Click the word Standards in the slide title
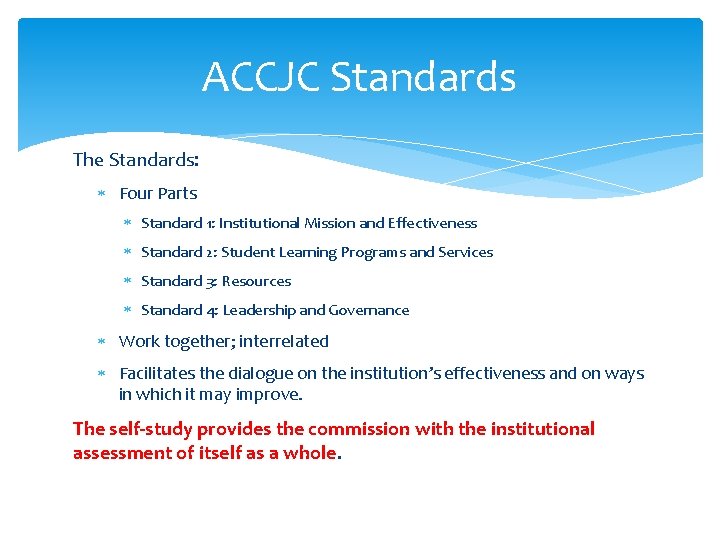tap(423, 77)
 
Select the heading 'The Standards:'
tap(136, 160)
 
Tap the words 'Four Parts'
tap(158, 193)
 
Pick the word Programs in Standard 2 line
tap(374, 252)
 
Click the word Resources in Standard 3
tap(256, 281)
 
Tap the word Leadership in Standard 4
tap(259, 310)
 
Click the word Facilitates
tap(156, 373)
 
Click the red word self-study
tap(150, 429)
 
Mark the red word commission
tap(359, 429)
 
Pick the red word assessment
tap(120, 452)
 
